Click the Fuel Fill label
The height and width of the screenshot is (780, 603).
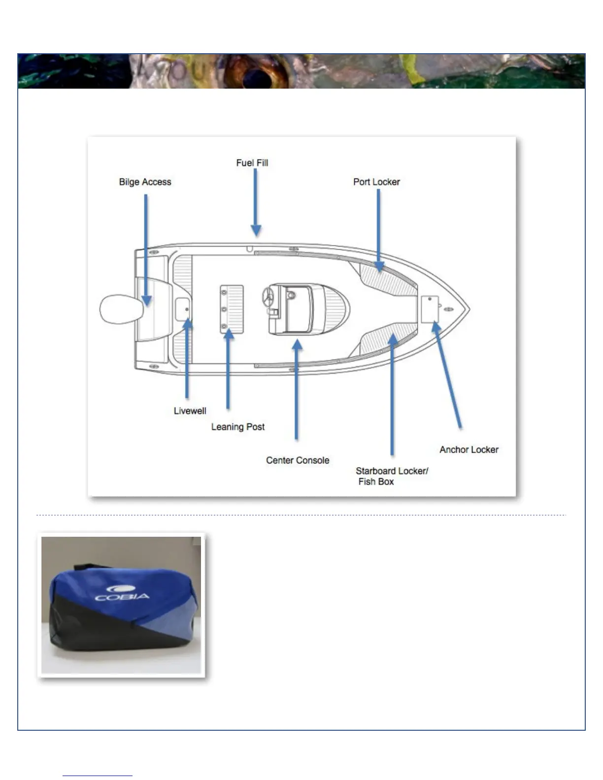252,163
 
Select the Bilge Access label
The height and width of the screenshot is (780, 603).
145,182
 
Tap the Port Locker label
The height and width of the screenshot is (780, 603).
376,182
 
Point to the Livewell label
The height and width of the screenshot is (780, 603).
190,411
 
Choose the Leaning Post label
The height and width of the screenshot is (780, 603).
238,427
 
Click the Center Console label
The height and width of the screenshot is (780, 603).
298,460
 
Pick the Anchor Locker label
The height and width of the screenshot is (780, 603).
469,450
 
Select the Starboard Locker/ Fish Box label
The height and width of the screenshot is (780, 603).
392,476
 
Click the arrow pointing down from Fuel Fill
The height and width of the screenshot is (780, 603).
255,202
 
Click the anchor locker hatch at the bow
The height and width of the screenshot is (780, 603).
430,309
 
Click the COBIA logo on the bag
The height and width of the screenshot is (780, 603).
122,593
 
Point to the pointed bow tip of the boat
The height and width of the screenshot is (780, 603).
468,310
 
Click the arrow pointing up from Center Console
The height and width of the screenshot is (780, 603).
297,389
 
